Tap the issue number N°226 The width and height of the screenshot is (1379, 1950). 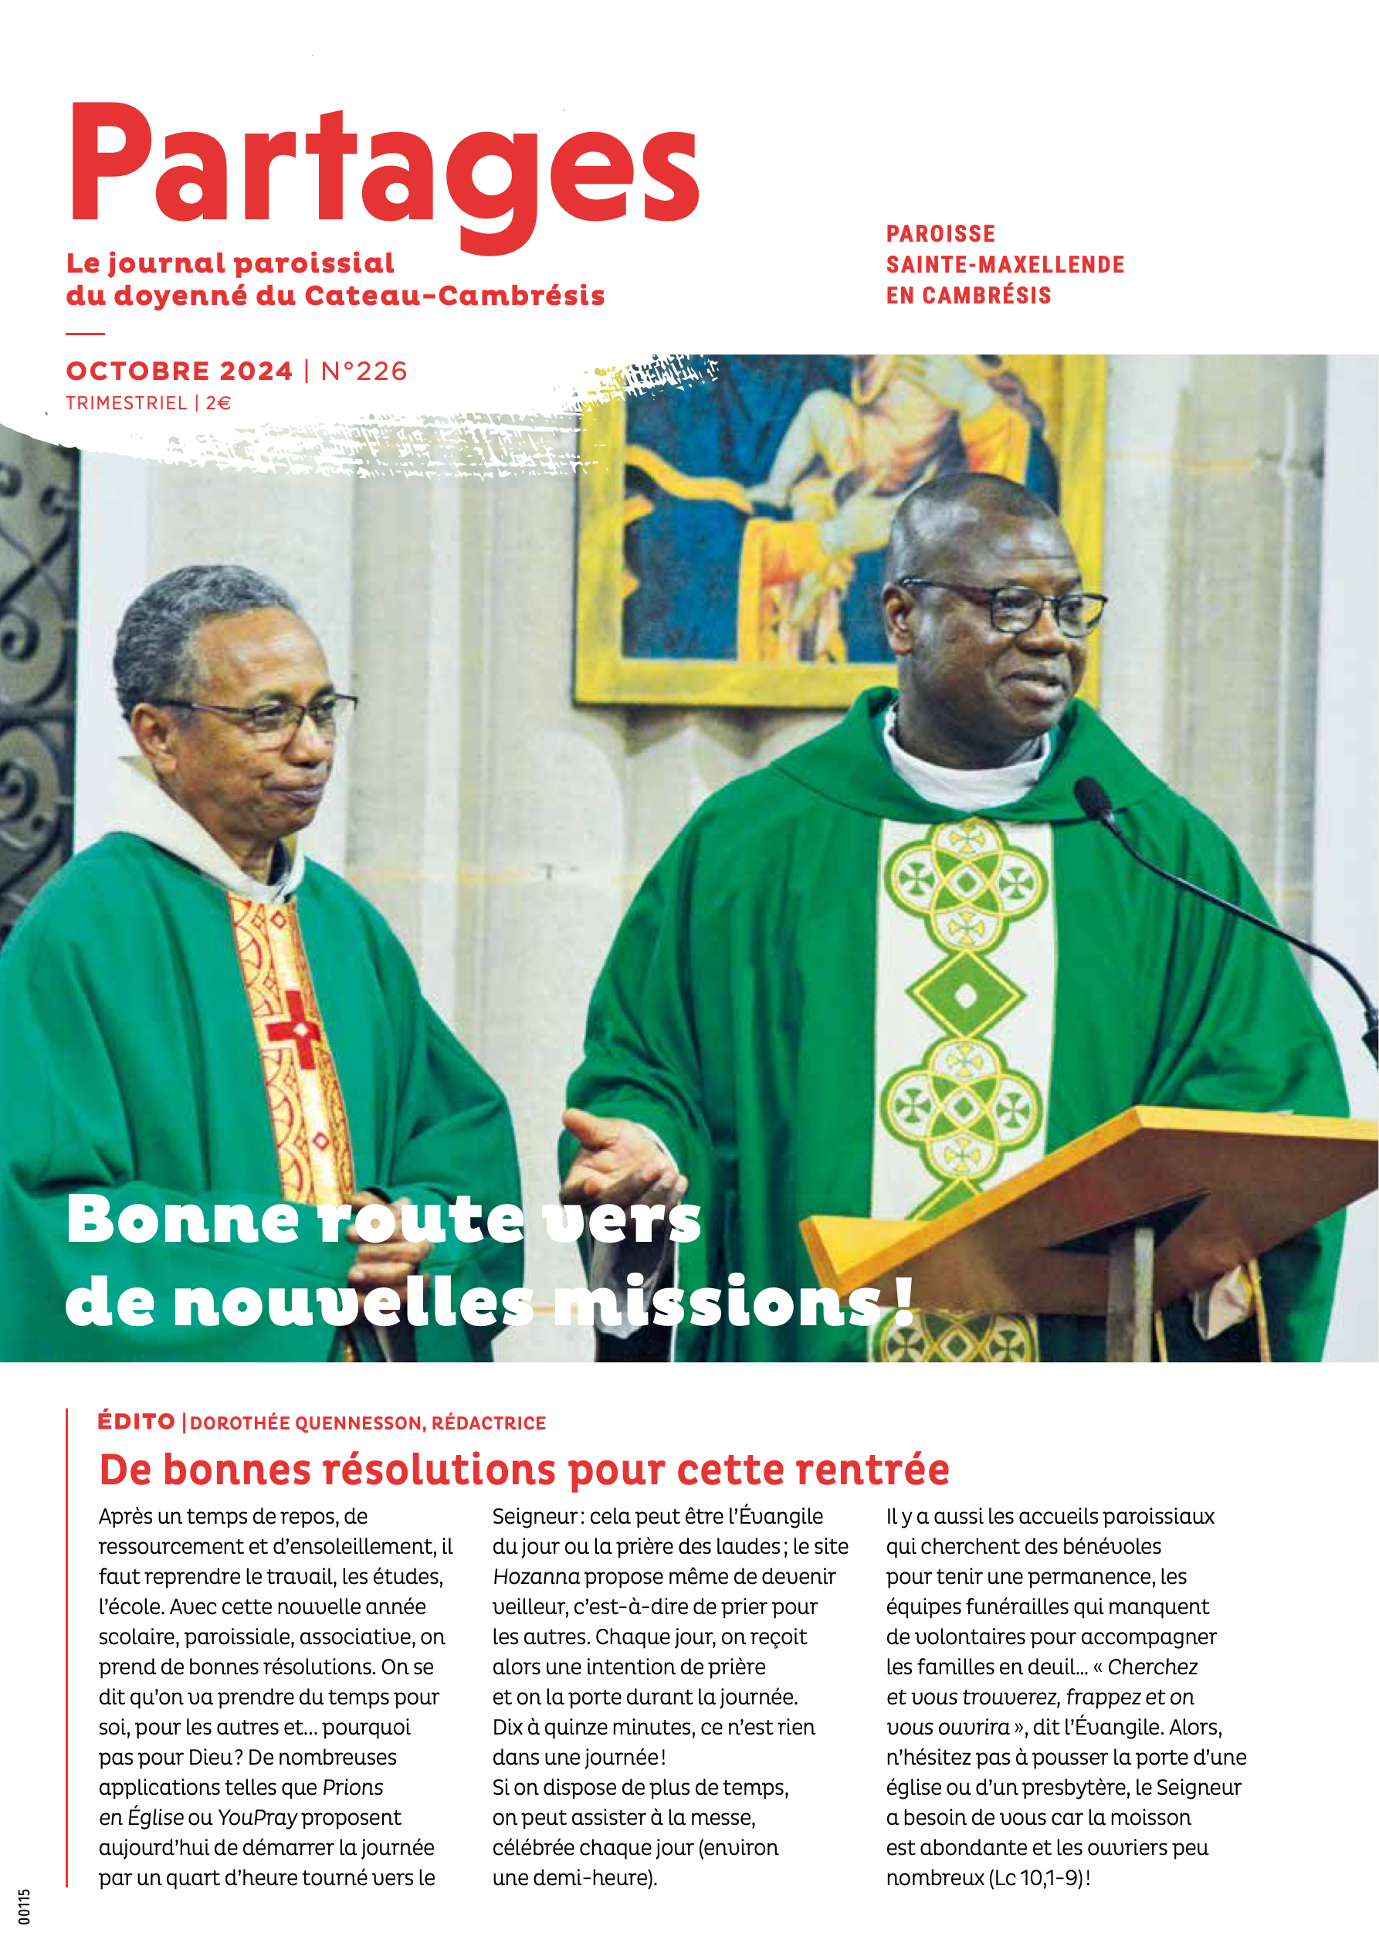364,371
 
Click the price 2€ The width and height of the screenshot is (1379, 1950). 219,403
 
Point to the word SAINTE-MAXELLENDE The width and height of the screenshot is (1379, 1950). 1005,265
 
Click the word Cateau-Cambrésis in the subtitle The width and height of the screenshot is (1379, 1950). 454,296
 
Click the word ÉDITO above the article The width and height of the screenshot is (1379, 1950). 136,1422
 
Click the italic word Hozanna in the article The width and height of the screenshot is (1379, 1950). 536,1576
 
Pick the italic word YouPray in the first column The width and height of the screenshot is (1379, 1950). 256,1817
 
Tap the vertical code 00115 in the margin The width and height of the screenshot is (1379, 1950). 24,1907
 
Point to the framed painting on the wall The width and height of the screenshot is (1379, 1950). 836,527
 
